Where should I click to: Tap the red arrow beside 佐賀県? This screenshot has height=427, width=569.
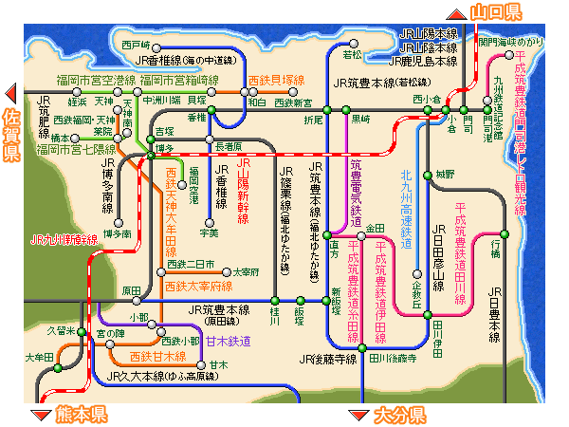(x=12, y=93)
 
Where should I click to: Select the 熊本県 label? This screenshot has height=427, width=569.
(x=81, y=415)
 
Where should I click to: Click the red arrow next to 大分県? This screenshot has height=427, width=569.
(x=358, y=415)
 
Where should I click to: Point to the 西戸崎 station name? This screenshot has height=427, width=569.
(x=136, y=45)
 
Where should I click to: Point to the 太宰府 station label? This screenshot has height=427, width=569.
(x=247, y=271)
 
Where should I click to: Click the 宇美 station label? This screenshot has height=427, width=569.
(x=209, y=232)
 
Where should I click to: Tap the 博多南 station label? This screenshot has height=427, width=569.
(x=118, y=232)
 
